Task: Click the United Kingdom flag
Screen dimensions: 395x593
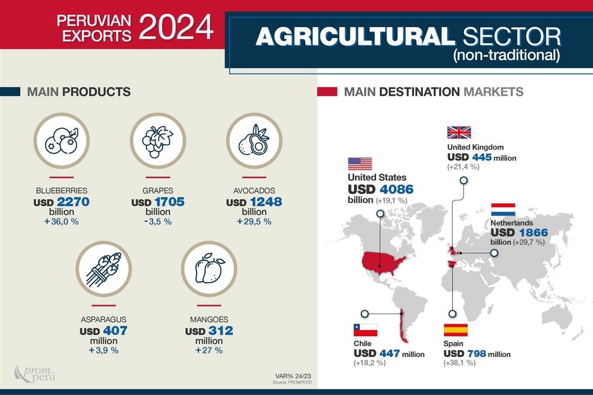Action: point(458,132)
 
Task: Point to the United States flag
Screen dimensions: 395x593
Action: point(360,164)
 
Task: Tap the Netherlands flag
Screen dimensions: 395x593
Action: point(503,209)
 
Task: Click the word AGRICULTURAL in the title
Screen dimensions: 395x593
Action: point(351,37)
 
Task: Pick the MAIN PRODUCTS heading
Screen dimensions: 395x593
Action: point(78,92)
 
